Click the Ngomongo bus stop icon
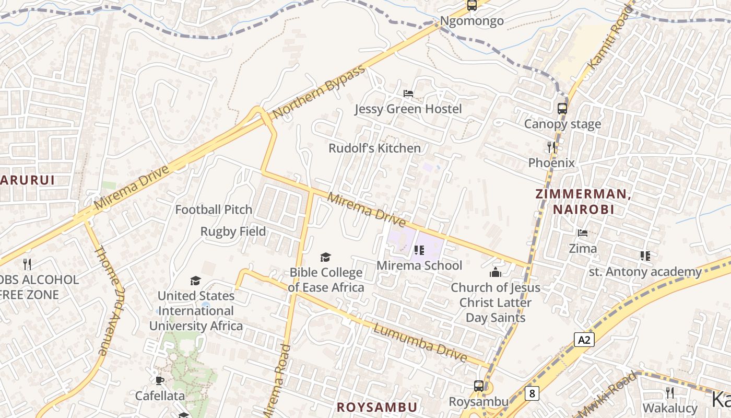(472, 5)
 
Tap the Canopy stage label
(562, 124)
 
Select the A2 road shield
(584, 340)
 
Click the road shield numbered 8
(532, 393)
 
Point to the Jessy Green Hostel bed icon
(408, 94)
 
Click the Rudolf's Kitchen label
(374, 148)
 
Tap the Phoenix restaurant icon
(551, 147)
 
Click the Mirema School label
(419, 265)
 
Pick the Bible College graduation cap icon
(326, 257)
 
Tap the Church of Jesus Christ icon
(495, 272)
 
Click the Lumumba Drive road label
(420, 343)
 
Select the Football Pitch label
(214, 210)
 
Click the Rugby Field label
(233, 231)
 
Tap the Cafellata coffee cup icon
(160, 380)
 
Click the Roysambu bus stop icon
(479, 386)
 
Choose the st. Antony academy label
(645, 272)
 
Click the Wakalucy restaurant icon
(670, 393)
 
